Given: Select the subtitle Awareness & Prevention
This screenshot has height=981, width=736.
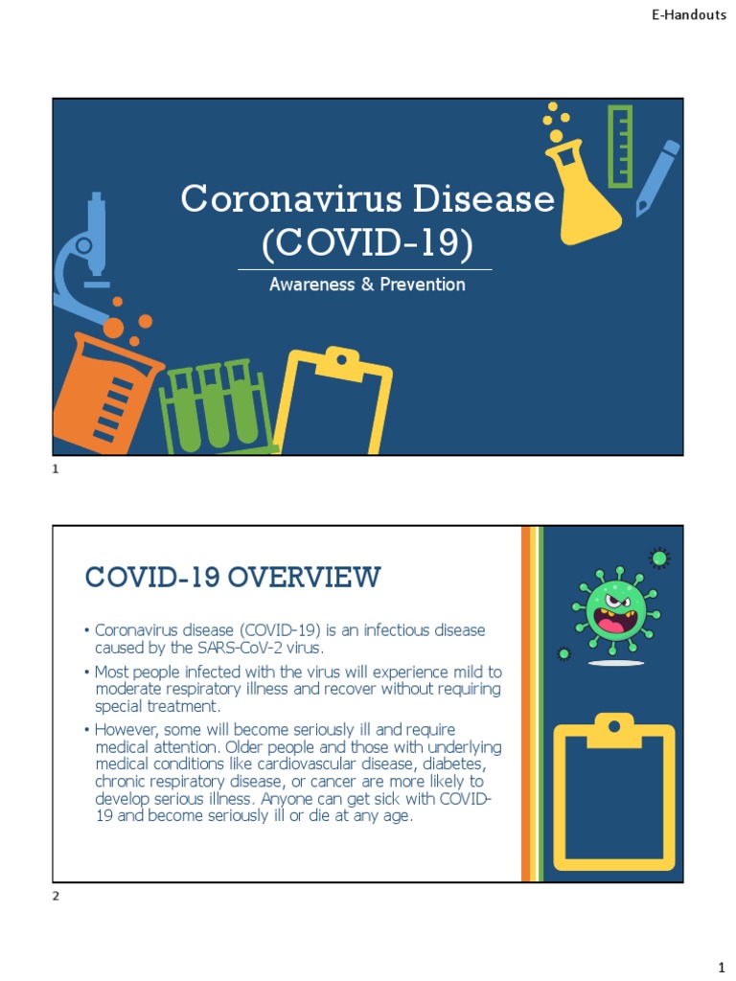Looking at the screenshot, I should tap(367, 285).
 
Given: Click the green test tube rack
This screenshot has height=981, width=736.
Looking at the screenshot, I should tap(217, 407).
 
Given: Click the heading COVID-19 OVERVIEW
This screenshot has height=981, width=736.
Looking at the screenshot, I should tap(233, 578).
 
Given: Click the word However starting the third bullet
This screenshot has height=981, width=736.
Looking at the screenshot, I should tap(126, 730).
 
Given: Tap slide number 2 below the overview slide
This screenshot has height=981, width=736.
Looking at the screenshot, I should tap(56, 896).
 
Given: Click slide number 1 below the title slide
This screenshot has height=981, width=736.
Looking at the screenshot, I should tap(56, 469).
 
